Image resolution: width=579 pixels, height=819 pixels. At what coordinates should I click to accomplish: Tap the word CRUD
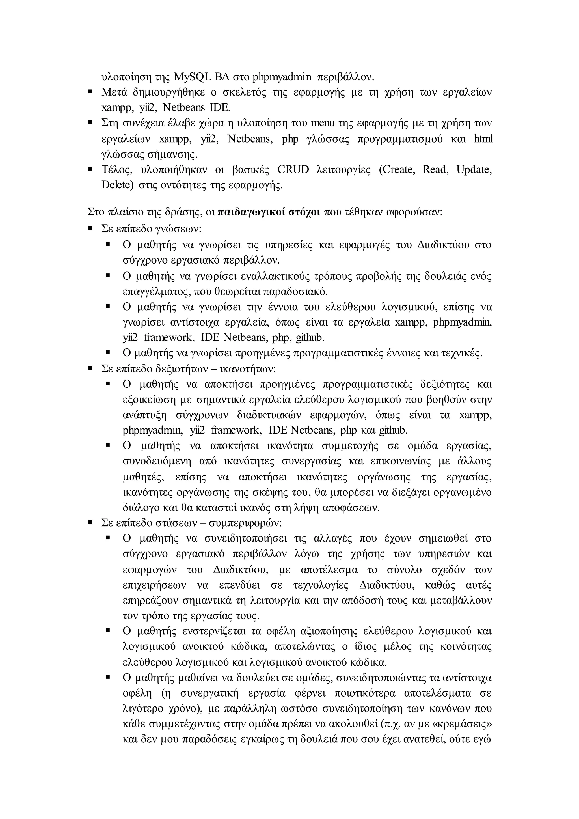pos(293,169)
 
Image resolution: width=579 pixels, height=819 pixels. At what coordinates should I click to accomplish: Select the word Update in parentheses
pos(474,169)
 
